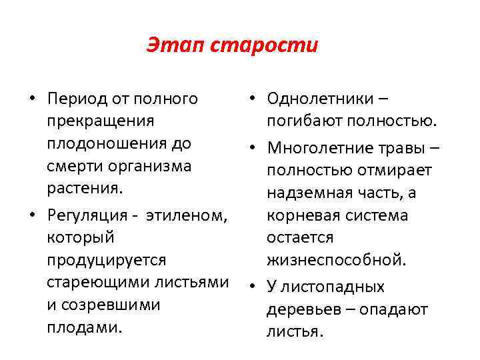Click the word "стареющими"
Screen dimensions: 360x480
click(x=100, y=282)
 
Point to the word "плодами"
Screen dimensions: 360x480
click(x=84, y=327)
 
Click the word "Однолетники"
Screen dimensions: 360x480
click(x=320, y=99)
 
